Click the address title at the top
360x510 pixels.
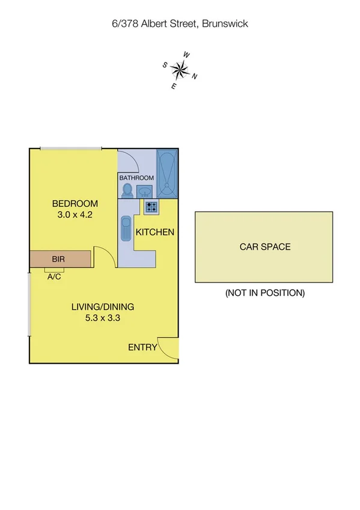click(x=180, y=24)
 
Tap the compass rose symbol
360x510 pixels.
click(x=179, y=71)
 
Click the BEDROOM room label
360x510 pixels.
click(x=75, y=203)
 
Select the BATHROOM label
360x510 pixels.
click(x=136, y=178)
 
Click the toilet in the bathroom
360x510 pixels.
click(x=127, y=189)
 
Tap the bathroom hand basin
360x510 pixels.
click(x=145, y=191)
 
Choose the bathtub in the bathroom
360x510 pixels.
click(x=167, y=173)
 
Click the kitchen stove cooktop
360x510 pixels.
click(x=151, y=207)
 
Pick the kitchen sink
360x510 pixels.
click(x=126, y=229)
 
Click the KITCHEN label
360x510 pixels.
click(x=154, y=232)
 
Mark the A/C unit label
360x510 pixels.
click(x=53, y=277)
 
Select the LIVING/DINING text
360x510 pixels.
click(x=103, y=307)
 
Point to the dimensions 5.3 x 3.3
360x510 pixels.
click(x=103, y=319)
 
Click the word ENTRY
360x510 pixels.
click(x=143, y=347)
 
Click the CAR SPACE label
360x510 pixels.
click(x=264, y=247)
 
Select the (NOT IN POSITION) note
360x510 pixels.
click(x=265, y=293)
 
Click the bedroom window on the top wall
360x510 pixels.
click(x=71, y=148)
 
